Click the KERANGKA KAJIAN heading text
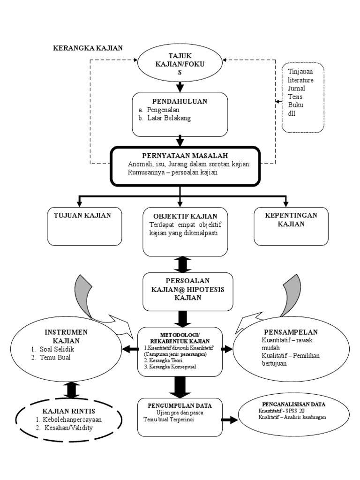coord(88,48)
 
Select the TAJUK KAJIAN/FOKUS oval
coord(180,65)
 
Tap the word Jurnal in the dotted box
coord(296,88)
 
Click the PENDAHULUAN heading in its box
coord(180,101)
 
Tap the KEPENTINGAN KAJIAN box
coord(291,226)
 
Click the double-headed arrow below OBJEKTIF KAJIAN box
coord(182,264)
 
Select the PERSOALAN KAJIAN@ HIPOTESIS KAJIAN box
coord(187,291)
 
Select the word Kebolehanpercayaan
coord(72,420)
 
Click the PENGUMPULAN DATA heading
coord(180,405)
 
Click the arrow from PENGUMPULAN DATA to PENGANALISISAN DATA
coord(229,420)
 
